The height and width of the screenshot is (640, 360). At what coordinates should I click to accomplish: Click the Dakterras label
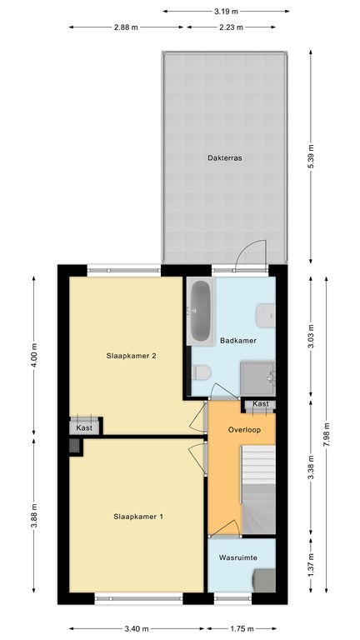tap(225, 157)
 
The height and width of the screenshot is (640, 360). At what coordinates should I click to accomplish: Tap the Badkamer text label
tap(237, 341)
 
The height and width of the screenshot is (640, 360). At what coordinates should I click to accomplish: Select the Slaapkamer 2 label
tap(132, 356)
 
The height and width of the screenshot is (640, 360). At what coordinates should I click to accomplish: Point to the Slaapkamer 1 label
tap(138, 517)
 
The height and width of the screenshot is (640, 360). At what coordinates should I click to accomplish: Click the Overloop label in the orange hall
tap(244, 430)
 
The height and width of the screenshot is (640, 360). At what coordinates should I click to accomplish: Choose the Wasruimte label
tap(237, 556)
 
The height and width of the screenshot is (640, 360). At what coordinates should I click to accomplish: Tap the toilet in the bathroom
tap(201, 373)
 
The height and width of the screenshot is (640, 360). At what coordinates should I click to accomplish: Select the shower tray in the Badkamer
tap(257, 377)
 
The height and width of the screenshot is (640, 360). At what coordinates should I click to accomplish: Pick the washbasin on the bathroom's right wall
tap(266, 314)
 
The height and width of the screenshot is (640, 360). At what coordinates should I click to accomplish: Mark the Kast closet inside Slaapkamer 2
tap(85, 424)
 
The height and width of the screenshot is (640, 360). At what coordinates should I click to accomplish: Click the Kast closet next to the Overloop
tap(260, 404)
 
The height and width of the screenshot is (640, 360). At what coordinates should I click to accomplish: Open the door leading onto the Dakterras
tap(250, 254)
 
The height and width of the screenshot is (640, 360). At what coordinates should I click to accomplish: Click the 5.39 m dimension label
tap(311, 158)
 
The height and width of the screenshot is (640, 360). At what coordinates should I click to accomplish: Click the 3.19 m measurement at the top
tap(225, 11)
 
